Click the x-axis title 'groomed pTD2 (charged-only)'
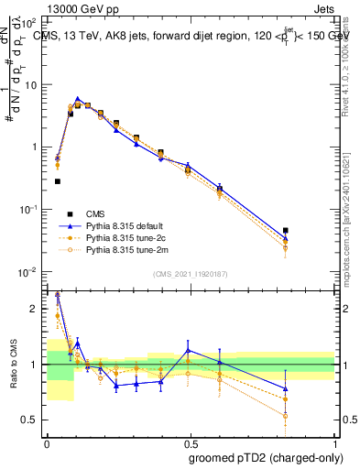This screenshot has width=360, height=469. [x=266, y=457]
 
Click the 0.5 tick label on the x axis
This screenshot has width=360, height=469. [x=191, y=443]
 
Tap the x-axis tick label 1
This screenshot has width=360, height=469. [x=336, y=443]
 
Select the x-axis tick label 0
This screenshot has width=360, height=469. [x=46, y=443]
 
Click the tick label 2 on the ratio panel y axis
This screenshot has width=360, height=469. [x=35, y=309]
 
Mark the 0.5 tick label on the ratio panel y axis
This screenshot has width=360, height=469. [x=30, y=420]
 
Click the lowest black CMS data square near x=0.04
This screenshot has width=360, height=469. [x=58, y=181]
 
